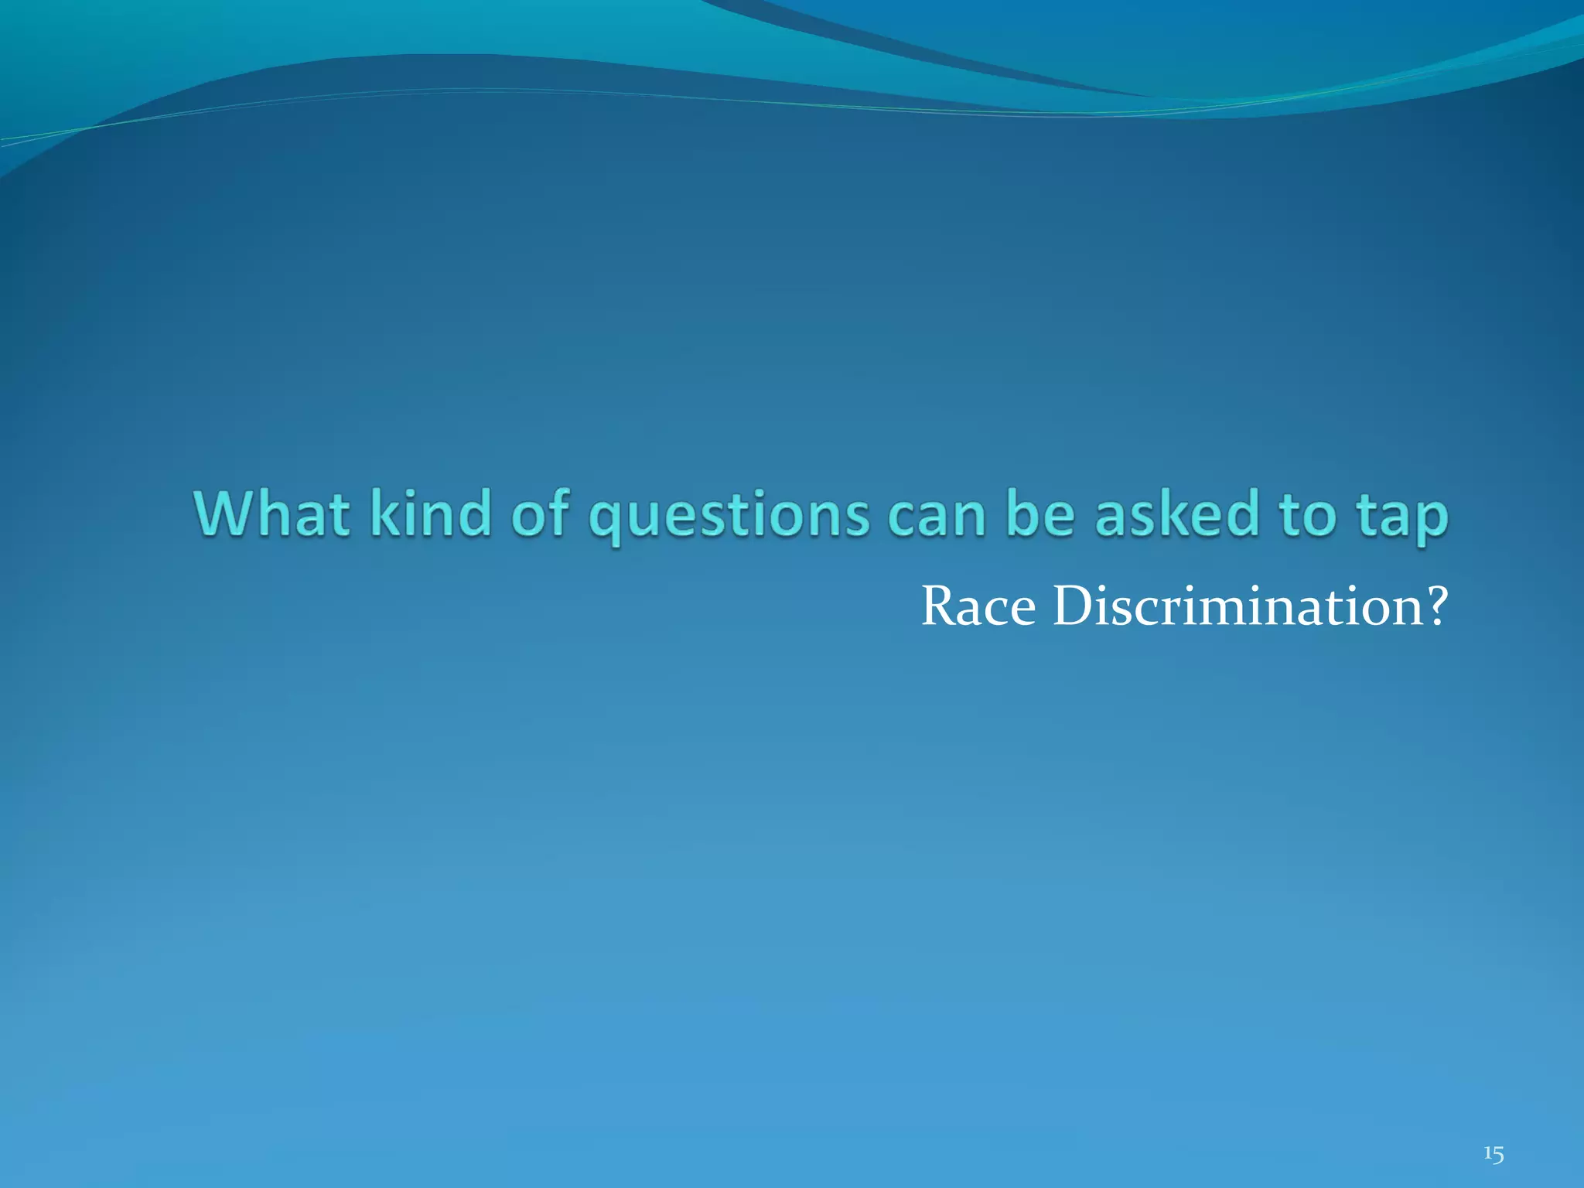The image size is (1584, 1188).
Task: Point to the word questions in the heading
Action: (729, 517)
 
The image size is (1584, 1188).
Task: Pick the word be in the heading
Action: (1041, 514)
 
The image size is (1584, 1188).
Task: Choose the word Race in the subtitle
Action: (978, 606)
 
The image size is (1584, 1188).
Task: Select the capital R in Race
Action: (940, 606)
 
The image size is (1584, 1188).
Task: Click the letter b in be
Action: (1024, 514)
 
